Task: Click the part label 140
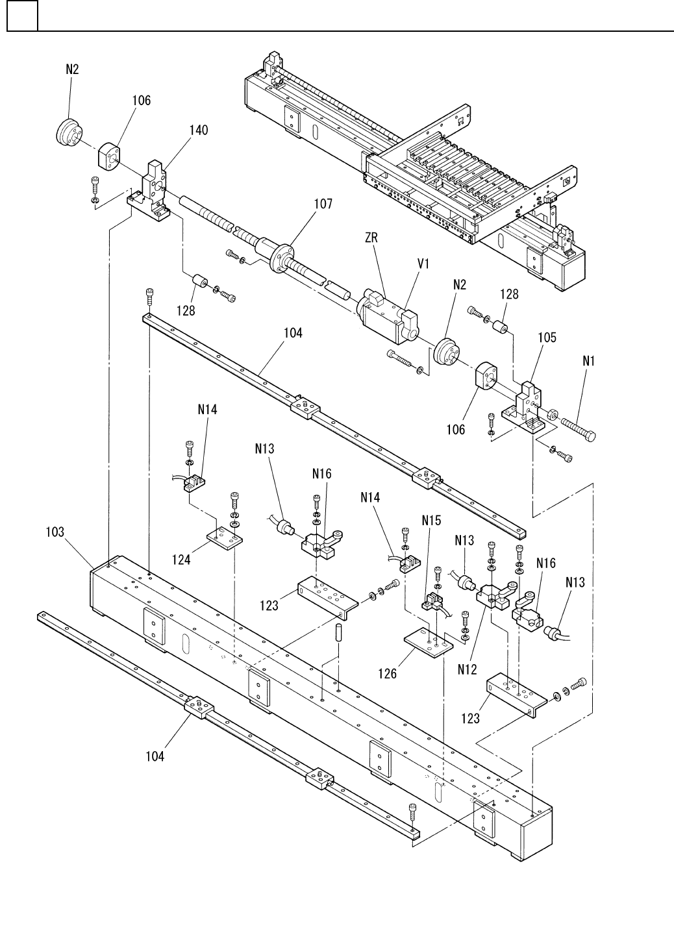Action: pos(199,130)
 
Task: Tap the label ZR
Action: pos(371,238)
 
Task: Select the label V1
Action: pos(423,264)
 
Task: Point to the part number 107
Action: pos(323,204)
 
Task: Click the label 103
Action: pos(55,532)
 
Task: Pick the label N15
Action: pos(431,521)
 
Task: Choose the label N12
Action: pos(467,669)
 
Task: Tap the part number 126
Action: pos(387,674)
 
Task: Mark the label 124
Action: pos(181,560)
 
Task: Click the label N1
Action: pos(588,360)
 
